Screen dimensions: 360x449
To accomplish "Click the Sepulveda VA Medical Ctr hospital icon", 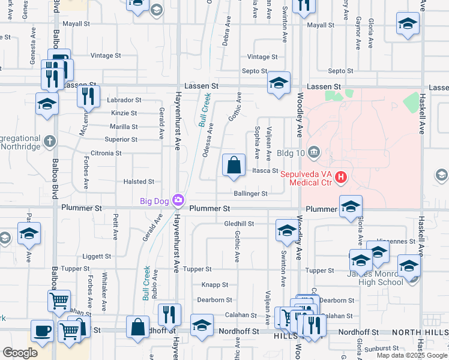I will tap(341, 177).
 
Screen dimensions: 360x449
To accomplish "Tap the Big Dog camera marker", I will tap(178, 200).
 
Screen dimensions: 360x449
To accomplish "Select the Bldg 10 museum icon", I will tap(313, 152).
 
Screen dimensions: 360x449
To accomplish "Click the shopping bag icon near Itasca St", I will tap(234, 166).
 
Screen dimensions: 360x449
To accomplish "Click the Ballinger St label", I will tap(250, 194).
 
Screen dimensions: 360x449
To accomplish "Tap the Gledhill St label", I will tap(239, 223).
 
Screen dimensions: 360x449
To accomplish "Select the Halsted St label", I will tap(139, 181).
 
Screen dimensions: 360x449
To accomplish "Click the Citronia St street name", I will tap(106, 153).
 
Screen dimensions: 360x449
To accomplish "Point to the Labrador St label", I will tap(124, 100).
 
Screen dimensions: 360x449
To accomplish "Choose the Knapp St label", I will tap(214, 285).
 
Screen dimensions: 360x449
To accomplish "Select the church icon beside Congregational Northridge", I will tap(49, 142).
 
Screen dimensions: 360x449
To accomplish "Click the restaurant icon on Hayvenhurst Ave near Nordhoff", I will tap(169, 315).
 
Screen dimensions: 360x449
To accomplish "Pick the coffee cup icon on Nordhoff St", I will tap(42, 331).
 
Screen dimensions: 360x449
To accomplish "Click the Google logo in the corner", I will tap(20, 353).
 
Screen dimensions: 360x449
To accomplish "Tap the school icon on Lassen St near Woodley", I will tap(279, 83).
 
